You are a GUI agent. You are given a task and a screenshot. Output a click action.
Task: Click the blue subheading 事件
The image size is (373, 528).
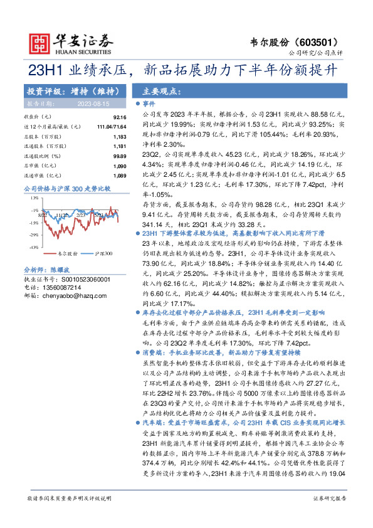coord(149,103)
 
